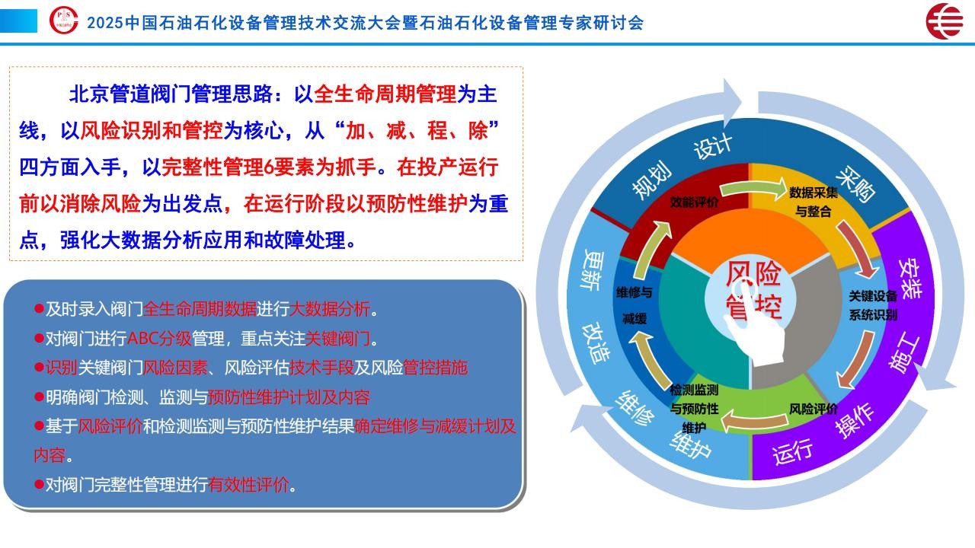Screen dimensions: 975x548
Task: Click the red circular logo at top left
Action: [63, 20]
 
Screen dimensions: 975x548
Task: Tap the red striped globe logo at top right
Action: [944, 21]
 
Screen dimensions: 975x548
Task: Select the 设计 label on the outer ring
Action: [713, 147]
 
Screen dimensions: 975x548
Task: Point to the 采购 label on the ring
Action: [855, 184]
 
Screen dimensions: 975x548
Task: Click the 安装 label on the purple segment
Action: [909, 279]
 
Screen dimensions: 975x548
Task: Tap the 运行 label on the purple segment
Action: [792, 451]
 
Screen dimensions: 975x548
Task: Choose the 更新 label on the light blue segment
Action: [593, 269]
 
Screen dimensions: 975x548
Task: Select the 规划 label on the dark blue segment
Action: [651, 180]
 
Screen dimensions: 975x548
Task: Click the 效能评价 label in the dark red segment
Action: [694, 202]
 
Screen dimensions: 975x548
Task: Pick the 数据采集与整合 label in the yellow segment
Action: [813, 202]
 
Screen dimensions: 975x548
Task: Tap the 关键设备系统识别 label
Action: [873, 305]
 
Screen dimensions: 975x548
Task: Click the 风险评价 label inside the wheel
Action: [813, 409]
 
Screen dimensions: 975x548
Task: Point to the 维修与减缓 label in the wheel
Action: [635, 305]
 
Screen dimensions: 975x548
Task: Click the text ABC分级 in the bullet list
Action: [159, 339]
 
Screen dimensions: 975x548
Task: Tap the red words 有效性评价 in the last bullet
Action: [248, 485]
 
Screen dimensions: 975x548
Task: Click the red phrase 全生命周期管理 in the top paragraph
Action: [385, 94]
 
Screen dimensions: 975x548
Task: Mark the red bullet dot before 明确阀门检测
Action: [39, 397]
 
